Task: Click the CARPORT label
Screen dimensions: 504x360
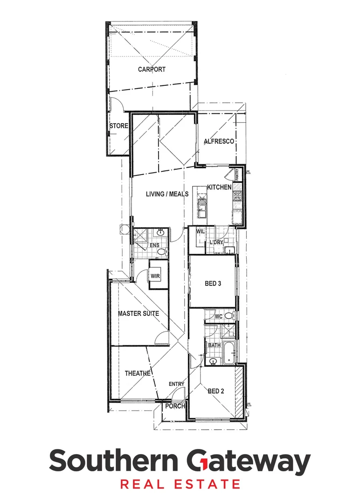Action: point(152,70)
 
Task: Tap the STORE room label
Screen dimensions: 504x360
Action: point(118,126)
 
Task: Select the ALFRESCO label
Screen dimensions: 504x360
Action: point(218,141)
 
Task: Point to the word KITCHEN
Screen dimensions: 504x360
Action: point(219,187)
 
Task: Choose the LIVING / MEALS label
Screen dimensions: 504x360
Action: point(167,194)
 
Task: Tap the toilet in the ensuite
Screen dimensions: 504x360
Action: point(161,252)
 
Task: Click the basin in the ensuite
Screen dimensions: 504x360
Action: point(161,232)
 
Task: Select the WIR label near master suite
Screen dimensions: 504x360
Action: point(155,276)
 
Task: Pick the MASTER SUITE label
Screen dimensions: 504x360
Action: point(138,314)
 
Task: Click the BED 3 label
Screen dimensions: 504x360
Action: point(213,283)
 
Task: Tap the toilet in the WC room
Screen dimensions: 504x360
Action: point(228,316)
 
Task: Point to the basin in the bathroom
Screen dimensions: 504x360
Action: point(213,361)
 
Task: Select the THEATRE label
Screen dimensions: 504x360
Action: point(138,373)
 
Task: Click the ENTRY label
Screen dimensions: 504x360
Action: point(176,384)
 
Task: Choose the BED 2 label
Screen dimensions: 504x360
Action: point(216,392)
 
